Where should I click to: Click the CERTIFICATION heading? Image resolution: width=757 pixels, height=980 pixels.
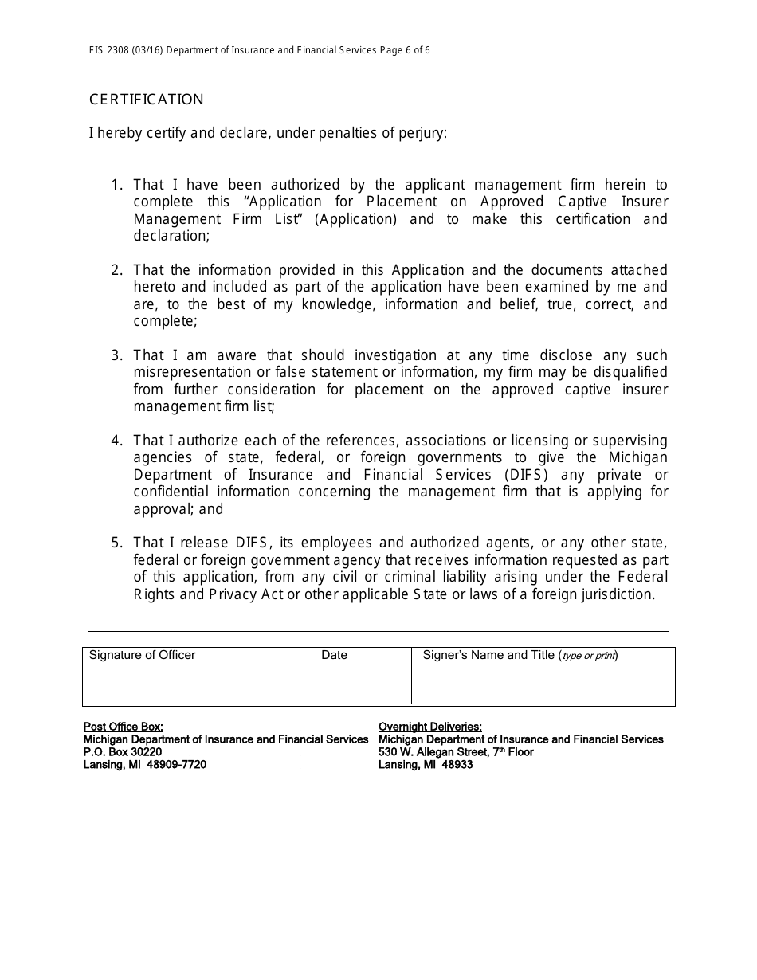click(146, 100)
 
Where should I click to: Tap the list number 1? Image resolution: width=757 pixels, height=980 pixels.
click(116, 186)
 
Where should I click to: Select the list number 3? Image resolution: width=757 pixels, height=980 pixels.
click(116, 355)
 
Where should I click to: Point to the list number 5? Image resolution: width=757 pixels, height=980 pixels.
click(116, 543)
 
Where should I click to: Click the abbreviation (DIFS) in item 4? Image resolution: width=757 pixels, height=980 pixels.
click(526, 475)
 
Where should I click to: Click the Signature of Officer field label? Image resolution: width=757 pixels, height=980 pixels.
click(142, 655)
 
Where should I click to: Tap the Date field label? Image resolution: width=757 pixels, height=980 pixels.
click(334, 655)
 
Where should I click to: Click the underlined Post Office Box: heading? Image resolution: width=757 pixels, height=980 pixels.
click(124, 727)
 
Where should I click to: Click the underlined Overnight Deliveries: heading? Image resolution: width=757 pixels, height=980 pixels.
click(429, 727)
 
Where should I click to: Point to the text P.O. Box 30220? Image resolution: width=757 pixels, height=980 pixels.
click(123, 752)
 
